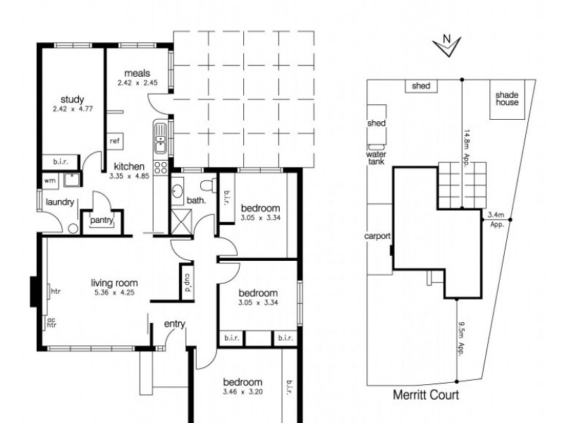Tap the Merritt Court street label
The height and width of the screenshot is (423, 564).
point(425,396)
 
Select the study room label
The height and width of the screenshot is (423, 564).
point(72,99)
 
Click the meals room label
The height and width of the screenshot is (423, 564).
point(137,73)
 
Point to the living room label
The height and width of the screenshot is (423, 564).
point(114,283)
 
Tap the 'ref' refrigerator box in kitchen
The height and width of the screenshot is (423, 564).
point(115,141)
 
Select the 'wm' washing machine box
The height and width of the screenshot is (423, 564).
point(49,180)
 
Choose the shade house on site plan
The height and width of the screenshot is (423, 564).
point(506,98)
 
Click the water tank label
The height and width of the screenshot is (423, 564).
point(376,157)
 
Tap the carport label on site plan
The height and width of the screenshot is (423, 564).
point(379,236)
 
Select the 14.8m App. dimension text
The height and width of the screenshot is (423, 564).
point(467,146)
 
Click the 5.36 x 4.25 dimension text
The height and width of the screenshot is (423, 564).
point(114,293)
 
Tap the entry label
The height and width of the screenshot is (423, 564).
point(174,324)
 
